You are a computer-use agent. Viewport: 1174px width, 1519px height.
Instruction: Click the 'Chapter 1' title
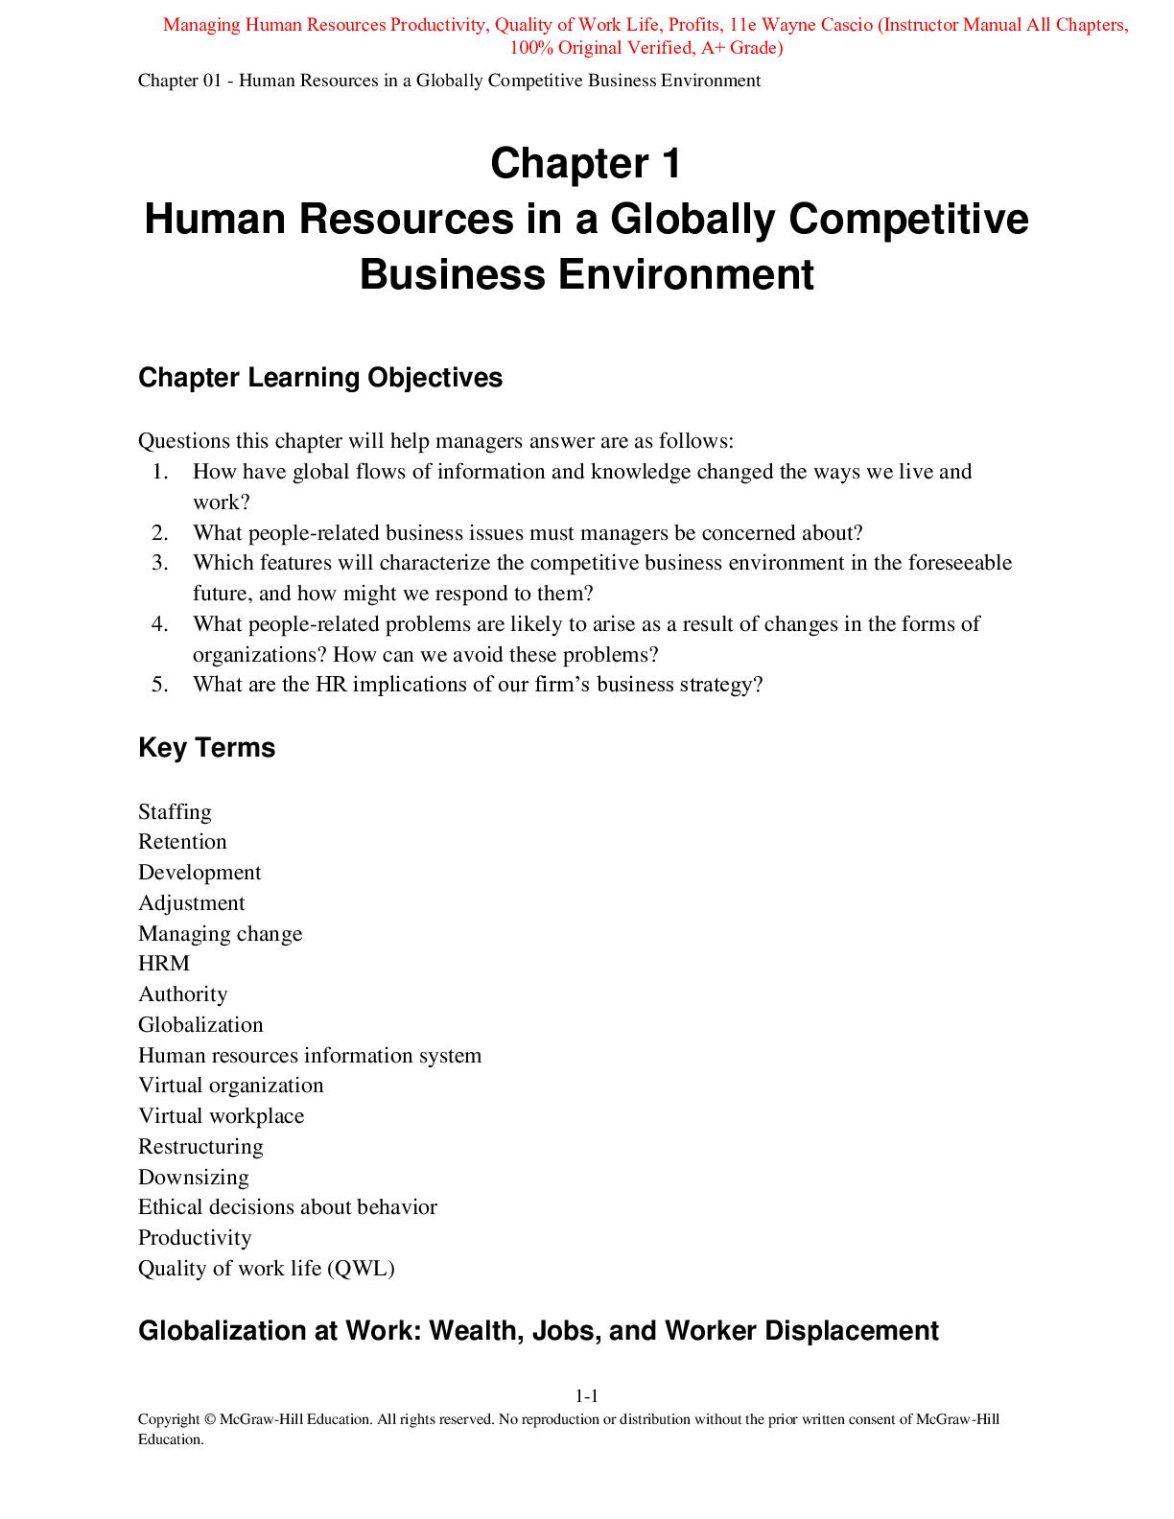point(586,164)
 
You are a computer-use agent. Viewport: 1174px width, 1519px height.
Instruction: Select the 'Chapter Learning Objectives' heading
point(320,378)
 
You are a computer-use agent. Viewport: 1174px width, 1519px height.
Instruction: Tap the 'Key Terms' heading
point(206,748)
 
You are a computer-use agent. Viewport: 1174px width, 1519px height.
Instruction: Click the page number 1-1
point(586,1396)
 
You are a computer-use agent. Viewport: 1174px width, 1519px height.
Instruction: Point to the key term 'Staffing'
point(175,812)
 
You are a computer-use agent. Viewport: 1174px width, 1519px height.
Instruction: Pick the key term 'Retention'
point(182,842)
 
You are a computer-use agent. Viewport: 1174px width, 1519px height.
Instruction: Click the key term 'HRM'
point(164,964)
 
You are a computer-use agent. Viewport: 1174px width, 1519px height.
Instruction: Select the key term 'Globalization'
point(200,1025)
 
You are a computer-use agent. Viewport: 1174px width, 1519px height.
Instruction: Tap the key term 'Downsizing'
point(193,1178)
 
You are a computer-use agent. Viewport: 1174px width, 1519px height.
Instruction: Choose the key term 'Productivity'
point(195,1238)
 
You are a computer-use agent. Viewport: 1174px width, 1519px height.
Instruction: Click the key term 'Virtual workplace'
point(221,1116)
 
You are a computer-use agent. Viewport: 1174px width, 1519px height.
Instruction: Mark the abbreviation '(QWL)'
point(361,1269)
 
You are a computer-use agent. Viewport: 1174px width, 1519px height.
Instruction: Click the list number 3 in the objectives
point(160,563)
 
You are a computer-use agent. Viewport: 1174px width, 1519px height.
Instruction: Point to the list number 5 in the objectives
point(160,685)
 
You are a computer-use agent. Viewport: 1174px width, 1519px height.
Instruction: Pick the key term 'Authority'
point(182,994)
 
